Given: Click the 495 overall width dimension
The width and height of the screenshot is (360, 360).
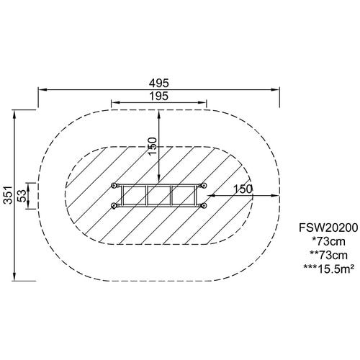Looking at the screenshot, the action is click(159, 83).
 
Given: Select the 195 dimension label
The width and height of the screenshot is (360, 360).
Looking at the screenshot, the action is click(159, 96).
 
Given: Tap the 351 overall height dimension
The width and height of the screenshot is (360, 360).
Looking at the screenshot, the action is click(9, 194).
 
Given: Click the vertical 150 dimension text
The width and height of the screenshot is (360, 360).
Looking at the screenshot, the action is click(153, 146).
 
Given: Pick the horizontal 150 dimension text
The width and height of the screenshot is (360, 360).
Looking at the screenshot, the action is click(243, 189).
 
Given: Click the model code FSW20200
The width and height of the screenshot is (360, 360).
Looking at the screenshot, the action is click(328, 228).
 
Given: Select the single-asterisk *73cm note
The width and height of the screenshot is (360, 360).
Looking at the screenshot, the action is click(328, 241).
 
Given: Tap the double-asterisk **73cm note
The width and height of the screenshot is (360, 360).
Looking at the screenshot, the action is click(328, 256).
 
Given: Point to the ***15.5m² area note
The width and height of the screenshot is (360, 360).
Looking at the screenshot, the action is click(328, 269).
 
